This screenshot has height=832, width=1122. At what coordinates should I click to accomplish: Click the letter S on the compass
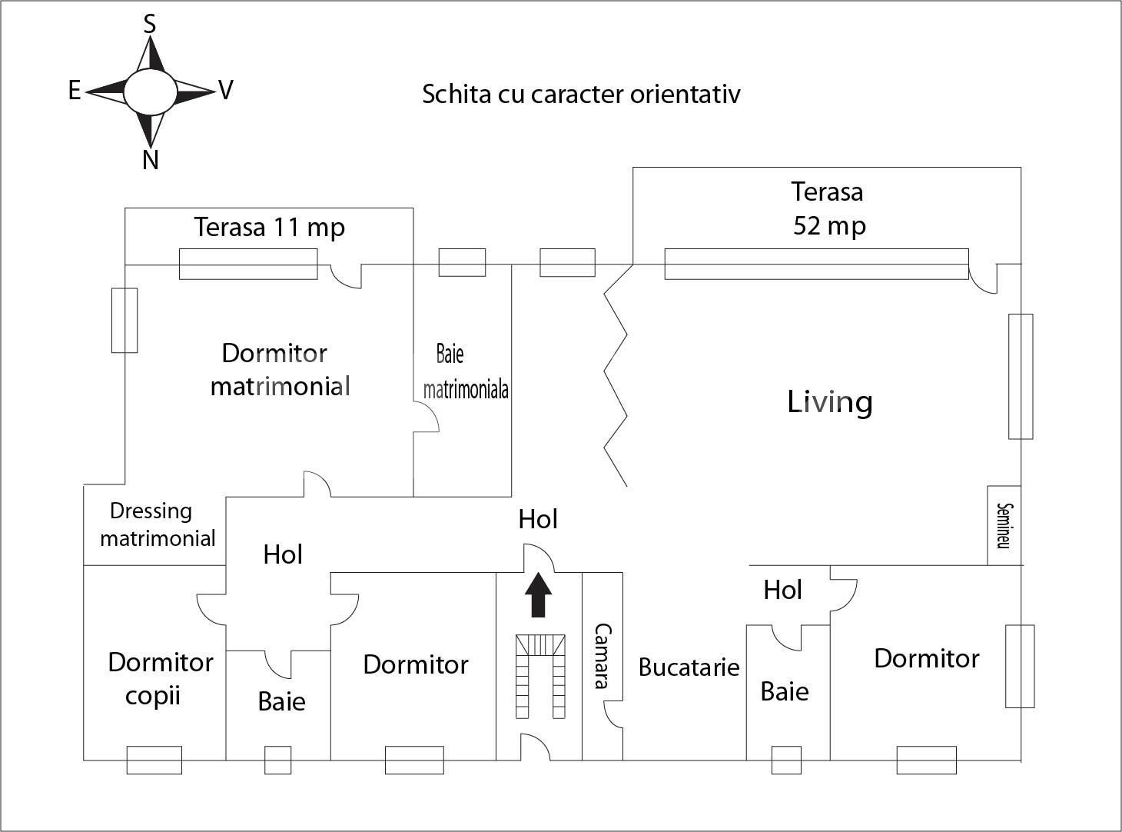pyautogui.click(x=150, y=25)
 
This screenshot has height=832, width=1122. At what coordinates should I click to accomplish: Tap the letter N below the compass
pyautogui.click(x=151, y=160)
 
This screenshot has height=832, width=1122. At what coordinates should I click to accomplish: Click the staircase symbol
pyautogui.click(x=540, y=676)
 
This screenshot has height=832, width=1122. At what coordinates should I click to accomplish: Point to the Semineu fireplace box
pyautogui.click(x=1004, y=525)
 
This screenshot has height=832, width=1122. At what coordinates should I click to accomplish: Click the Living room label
pyautogui.click(x=830, y=402)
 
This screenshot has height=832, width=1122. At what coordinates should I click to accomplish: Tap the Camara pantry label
pyautogui.click(x=602, y=656)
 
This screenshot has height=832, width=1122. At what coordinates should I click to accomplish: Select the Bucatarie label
pyautogui.click(x=689, y=667)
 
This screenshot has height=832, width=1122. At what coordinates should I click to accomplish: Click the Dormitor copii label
pyautogui.click(x=160, y=678)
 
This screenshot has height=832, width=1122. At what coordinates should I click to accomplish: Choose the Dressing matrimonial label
pyautogui.click(x=157, y=524)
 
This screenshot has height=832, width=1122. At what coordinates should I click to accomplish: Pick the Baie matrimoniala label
pyautogui.click(x=465, y=372)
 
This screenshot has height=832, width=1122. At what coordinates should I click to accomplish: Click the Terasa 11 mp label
pyautogui.click(x=269, y=228)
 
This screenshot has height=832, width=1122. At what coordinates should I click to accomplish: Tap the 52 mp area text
pyautogui.click(x=829, y=226)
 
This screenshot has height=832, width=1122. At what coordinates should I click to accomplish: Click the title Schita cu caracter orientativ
pyautogui.click(x=581, y=94)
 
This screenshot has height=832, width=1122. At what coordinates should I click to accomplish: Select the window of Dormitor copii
pyautogui.click(x=154, y=760)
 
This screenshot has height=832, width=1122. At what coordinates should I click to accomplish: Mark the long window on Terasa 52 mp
pyautogui.click(x=816, y=264)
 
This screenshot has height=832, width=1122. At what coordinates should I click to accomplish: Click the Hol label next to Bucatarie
pyautogui.click(x=782, y=590)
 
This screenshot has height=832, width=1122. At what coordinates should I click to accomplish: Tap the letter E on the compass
pyautogui.click(x=75, y=91)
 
